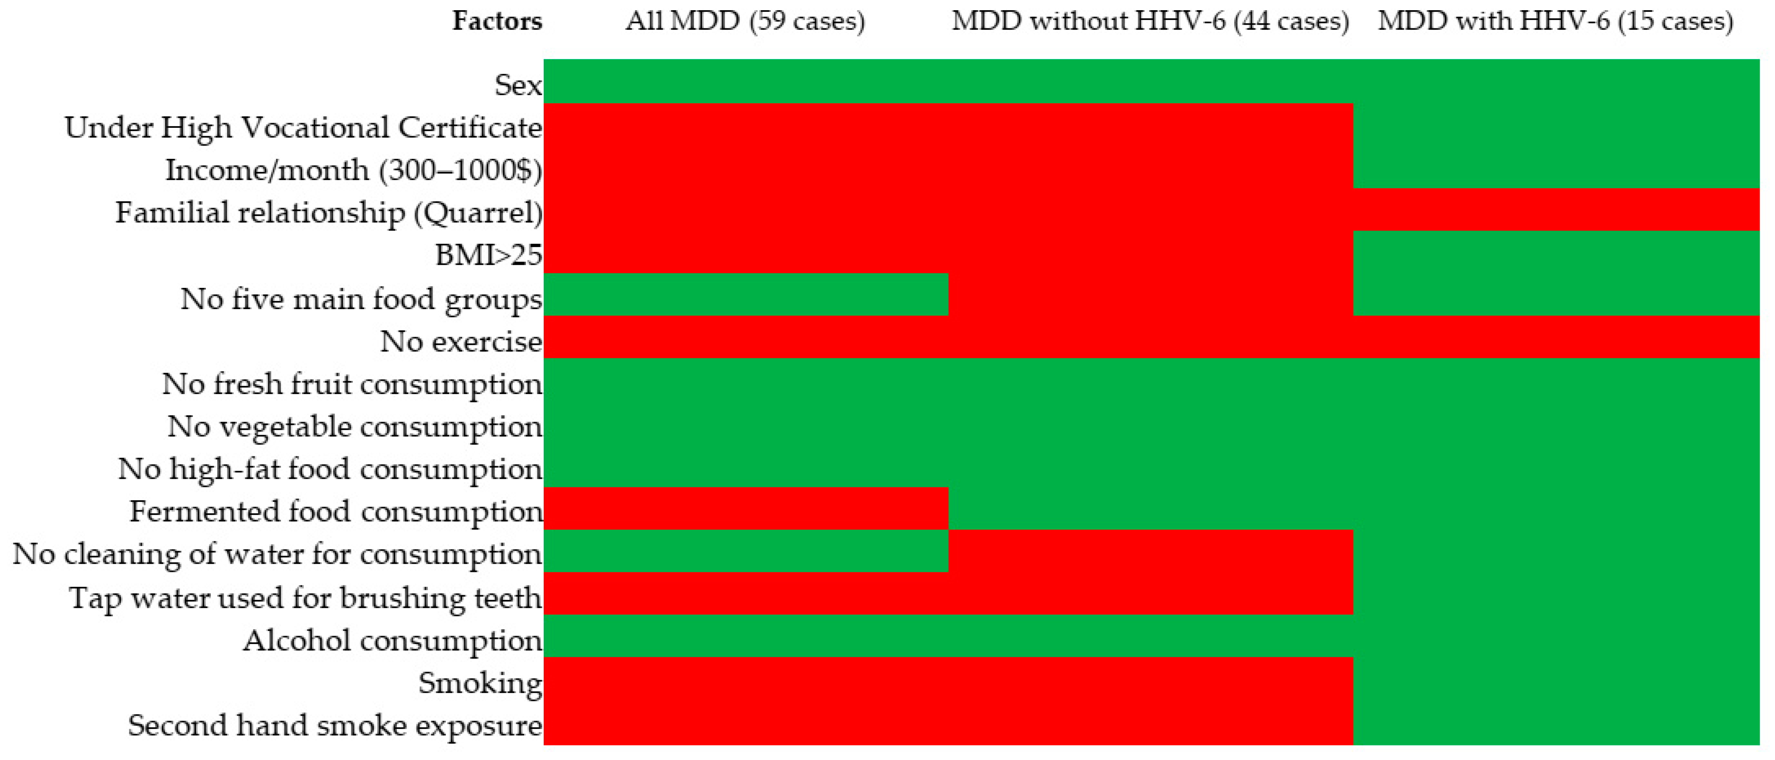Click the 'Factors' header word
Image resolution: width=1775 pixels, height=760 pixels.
pos(497,21)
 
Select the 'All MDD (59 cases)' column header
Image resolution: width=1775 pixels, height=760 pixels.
pos(745,21)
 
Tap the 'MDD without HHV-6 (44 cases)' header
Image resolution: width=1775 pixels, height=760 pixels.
pos(1150,21)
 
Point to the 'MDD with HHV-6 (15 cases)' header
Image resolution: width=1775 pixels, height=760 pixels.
pos(1555,21)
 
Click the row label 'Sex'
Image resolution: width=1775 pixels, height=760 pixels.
pos(518,85)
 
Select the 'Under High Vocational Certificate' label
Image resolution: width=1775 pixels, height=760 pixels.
pos(303,128)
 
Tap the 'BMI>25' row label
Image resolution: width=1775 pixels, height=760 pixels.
pos(489,255)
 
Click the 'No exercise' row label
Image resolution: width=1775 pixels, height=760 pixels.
pos(461,341)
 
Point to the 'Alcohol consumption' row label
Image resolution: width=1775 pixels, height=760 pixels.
pos(393,640)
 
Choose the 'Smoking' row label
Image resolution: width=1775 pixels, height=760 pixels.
pos(480,683)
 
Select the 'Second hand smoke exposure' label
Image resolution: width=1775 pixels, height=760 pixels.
pos(335,726)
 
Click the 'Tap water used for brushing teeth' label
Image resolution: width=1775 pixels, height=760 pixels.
pos(305,597)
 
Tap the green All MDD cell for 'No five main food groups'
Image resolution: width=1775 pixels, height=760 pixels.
pos(746,294)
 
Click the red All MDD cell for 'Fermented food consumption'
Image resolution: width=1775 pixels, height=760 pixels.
pos(746,509)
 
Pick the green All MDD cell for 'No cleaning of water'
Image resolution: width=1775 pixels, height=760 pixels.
pos(746,551)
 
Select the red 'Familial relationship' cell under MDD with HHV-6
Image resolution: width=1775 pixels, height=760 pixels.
pos(1556,209)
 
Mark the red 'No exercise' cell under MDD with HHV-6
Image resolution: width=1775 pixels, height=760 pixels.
pos(1556,337)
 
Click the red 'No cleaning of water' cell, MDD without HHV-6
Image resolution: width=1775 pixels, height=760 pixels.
pos(1151,551)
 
